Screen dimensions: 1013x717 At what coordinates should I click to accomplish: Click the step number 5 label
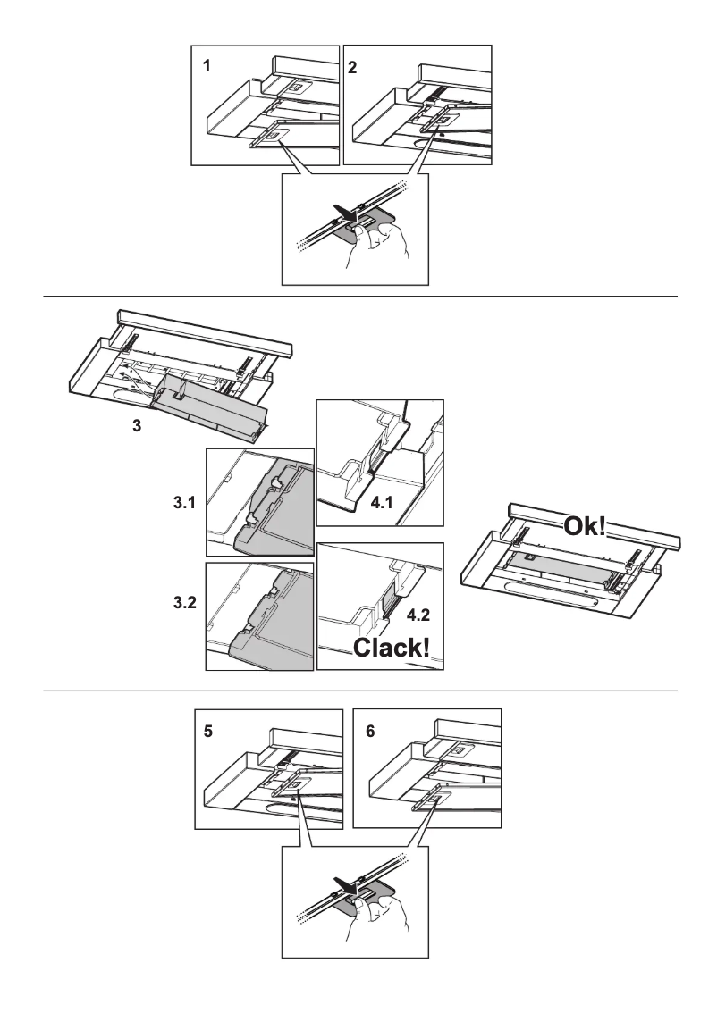coord(207,730)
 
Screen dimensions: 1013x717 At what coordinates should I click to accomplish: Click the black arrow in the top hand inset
coord(339,213)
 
